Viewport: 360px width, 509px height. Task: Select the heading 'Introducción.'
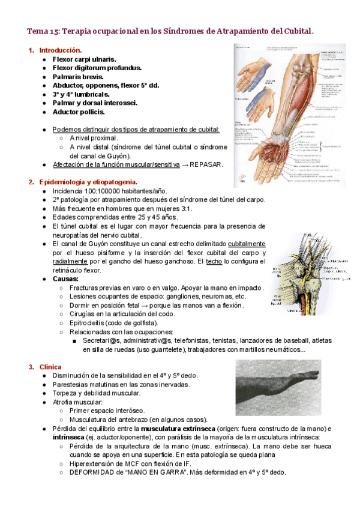(x=60, y=50)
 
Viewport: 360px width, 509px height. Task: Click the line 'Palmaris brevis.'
(x=78, y=77)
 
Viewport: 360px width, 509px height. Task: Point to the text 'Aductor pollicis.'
(x=79, y=112)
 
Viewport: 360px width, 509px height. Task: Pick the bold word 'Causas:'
(x=66, y=279)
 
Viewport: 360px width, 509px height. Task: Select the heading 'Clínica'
(x=51, y=367)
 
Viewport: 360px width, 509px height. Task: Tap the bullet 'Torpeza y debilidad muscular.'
(x=96, y=393)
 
